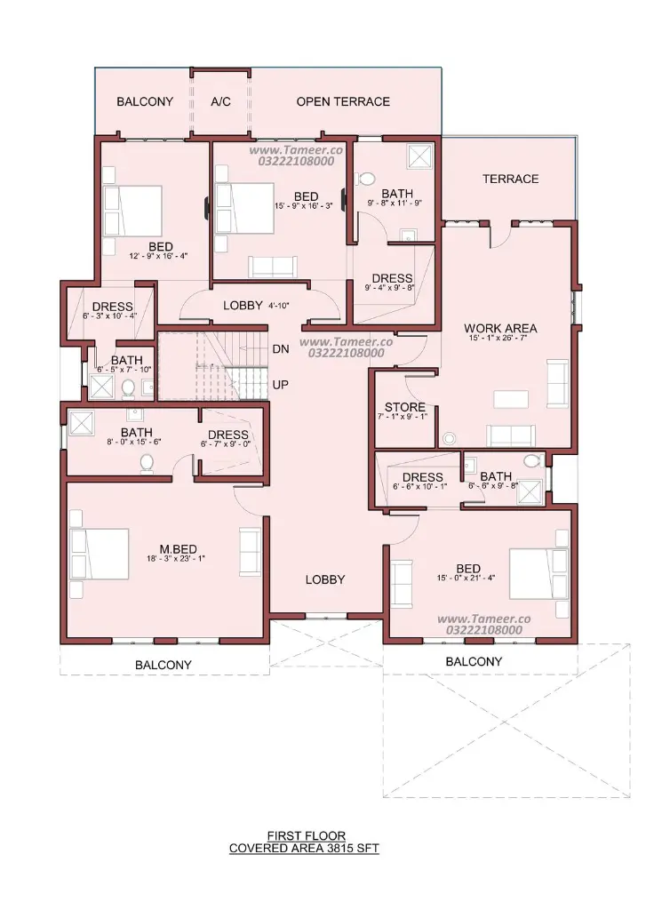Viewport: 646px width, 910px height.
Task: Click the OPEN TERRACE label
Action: pyautogui.click(x=343, y=101)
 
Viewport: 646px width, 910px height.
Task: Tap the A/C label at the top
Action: pyautogui.click(x=220, y=101)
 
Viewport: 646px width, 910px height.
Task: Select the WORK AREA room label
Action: pyautogui.click(x=500, y=328)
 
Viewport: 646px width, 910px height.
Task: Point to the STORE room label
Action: pyautogui.click(x=405, y=407)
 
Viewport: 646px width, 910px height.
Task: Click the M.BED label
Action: pyautogui.click(x=179, y=548)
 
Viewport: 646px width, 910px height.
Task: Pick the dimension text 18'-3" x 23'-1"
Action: pyautogui.click(x=176, y=558)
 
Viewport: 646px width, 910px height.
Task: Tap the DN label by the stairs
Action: pyautogui.click(x=281, y=348)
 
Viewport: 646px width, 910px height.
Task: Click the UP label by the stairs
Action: pyautogui.click(x=280, y=384)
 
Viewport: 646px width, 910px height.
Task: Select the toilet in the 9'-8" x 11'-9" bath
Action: pyautogui.click(x=367, y=178)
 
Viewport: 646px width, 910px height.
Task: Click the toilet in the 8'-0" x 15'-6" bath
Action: pyautogui.click(x=147, y=463)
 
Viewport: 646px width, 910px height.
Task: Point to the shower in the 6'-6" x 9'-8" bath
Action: pyautogui.click(x=529, y=491)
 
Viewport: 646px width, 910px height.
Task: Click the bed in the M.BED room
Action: pyautogui.click(x=100, y=554)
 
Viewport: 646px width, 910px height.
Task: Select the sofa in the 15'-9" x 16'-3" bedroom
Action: pyautogui.click(x=272, y=267)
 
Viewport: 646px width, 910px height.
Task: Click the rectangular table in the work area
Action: pyautogui.click(x=511, y=399)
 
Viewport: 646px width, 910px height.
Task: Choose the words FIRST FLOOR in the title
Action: pyautogui.click(x=306, y=835)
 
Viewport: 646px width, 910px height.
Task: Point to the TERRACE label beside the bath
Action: pyautogui.click(x=511, y=179)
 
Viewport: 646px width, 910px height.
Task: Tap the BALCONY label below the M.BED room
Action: pyautogui.click(x=163, y=665)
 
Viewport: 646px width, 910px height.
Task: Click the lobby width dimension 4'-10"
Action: pyautogui.click(x=279, y=306)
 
